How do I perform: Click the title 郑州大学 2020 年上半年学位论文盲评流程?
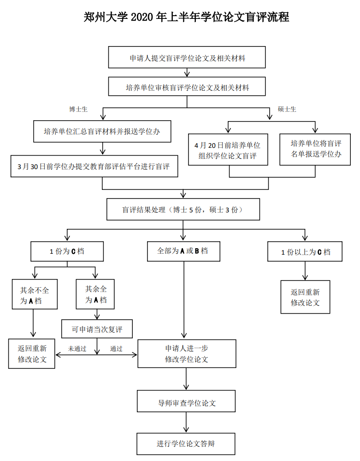point(187,18)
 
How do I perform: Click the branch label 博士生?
point(78,109)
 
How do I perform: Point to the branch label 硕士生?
point(287,109)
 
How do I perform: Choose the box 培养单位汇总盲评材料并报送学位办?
point(101,132)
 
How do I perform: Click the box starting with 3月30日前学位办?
point(94,166)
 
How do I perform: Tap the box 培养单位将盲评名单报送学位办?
point(315,149)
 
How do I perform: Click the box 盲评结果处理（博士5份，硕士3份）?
point(183,210)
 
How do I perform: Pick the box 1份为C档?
point(67,252)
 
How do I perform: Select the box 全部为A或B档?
point(183,251)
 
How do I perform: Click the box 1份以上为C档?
point(305,252)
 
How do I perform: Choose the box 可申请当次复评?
point(97,329)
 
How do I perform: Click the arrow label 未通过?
point(77,349)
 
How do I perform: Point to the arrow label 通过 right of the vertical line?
point(116,349)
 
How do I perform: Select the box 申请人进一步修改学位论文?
point(187,354)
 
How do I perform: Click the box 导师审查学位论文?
point(186,403)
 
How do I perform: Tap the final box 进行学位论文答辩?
point(186,444)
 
